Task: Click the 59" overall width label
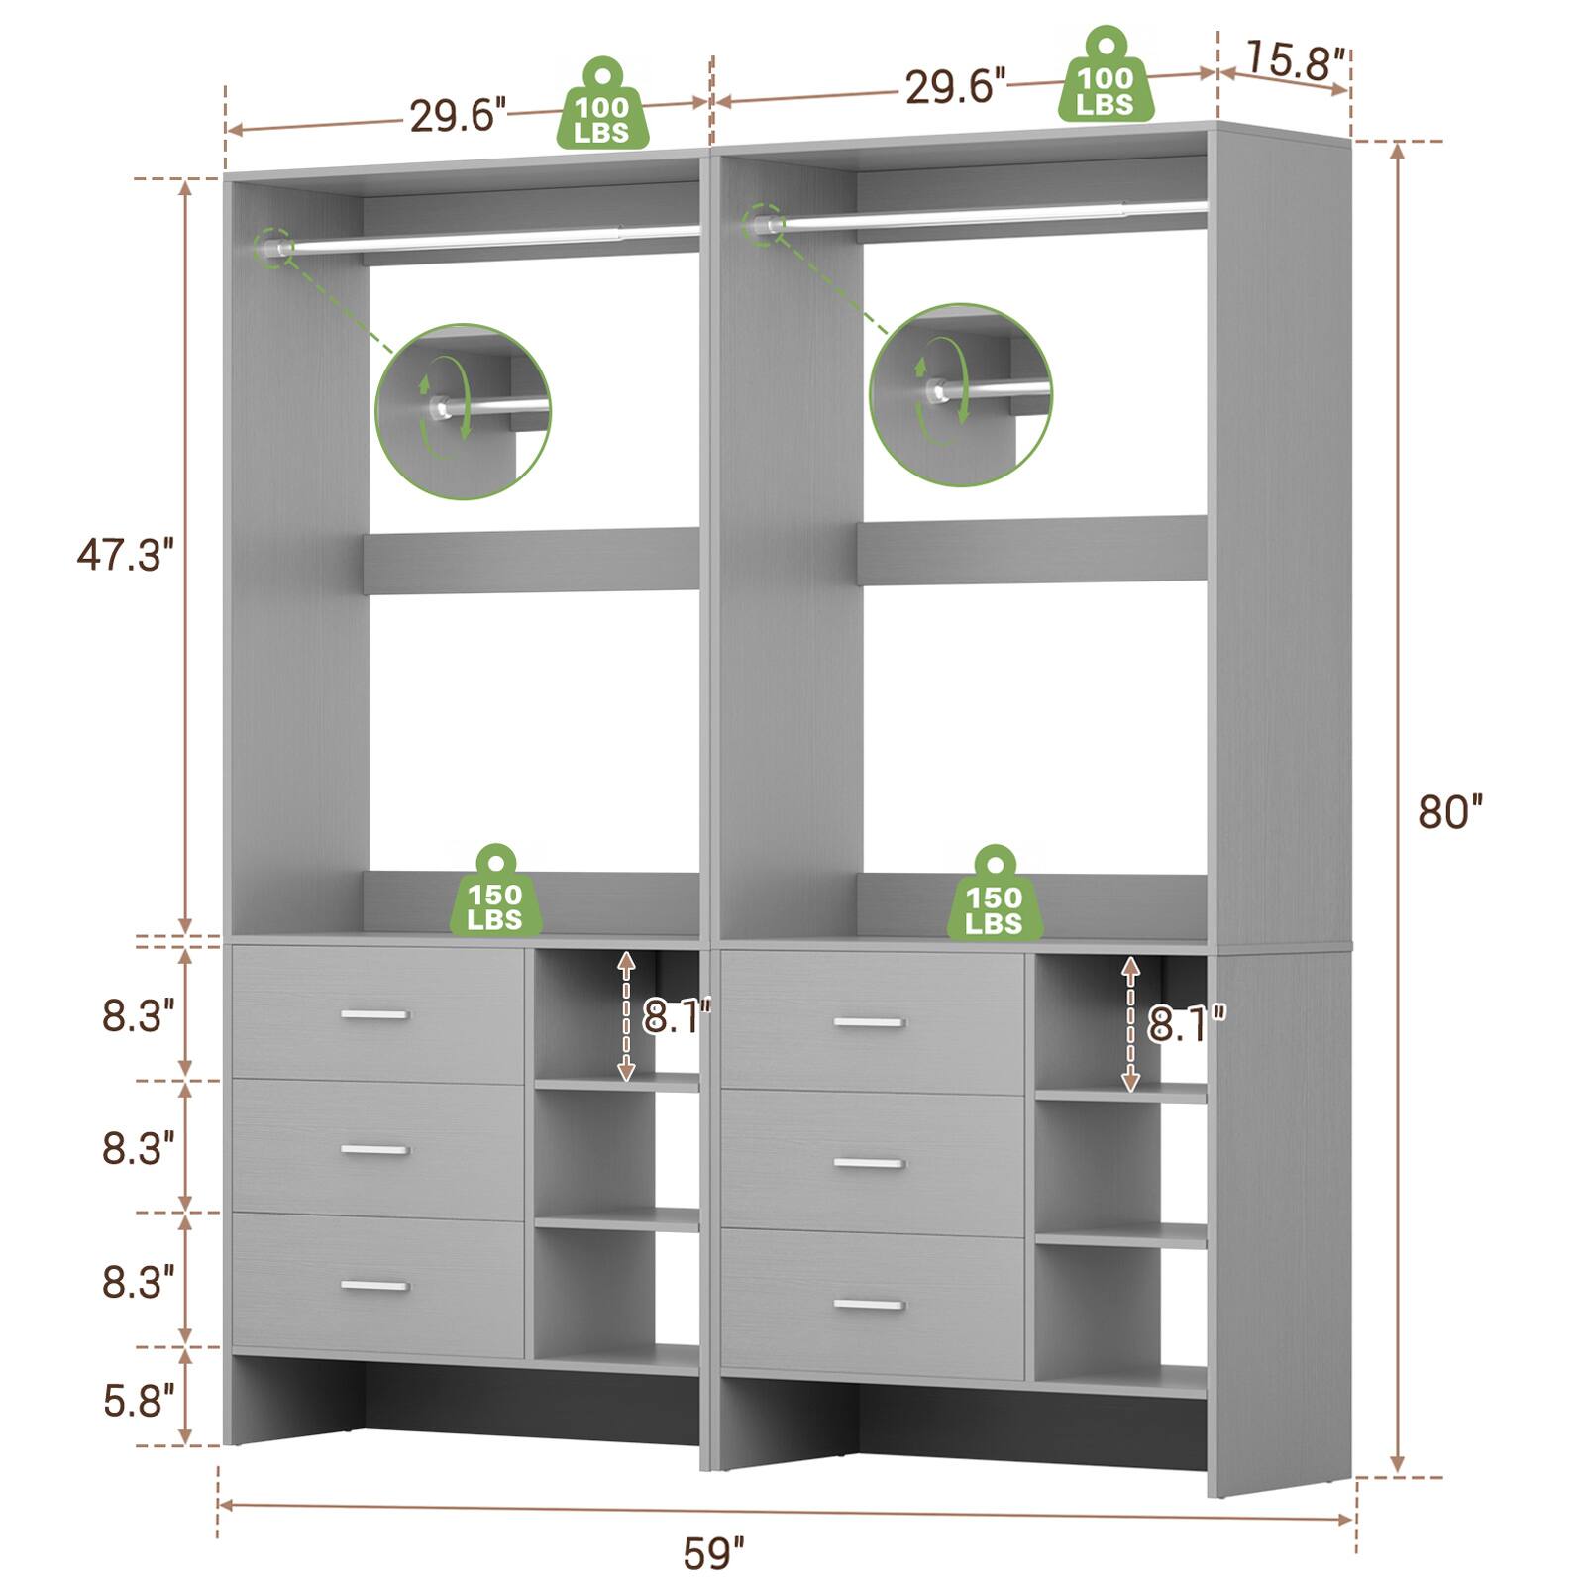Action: (713, 1552)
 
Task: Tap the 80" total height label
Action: (1450, 811)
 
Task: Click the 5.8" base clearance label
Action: (139, 1402)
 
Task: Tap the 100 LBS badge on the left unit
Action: (601, 104)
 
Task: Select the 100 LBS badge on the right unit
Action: (1105, 75)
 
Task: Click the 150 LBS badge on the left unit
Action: (495, 891)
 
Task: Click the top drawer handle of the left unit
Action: (374, 1014)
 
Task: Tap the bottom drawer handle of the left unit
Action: (374, 1286)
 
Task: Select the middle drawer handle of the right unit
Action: (869, 1163)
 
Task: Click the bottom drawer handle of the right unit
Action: (869, 1305)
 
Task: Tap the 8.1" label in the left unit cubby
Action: (677, 1016)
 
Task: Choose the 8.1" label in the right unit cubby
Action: (1187, 1023)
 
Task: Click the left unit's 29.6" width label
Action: (458, 116)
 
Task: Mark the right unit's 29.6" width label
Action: (955, 87)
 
